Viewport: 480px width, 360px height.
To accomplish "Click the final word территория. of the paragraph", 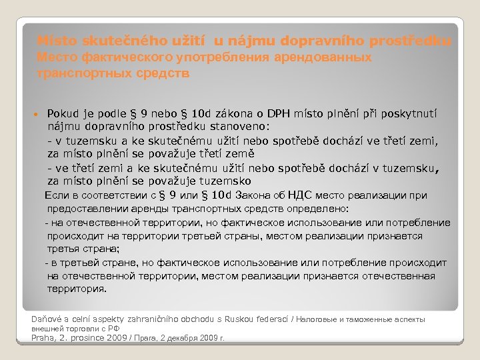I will [x=76, y=289].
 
